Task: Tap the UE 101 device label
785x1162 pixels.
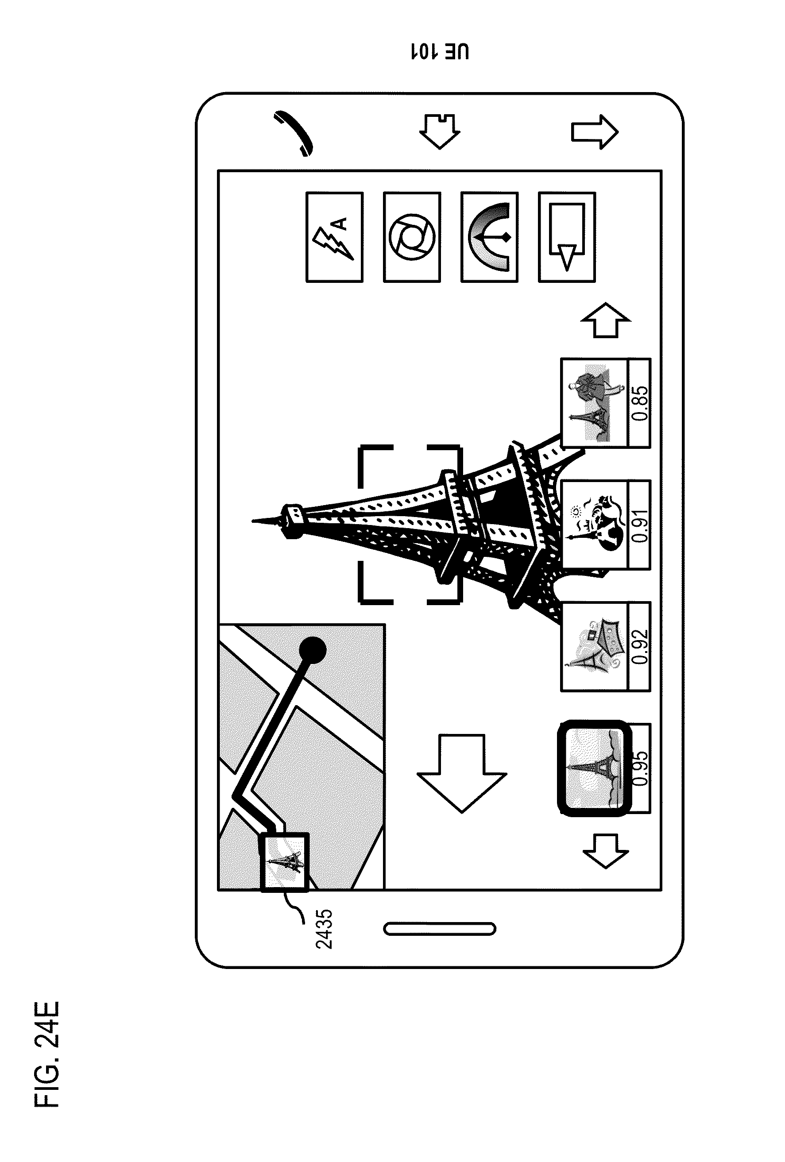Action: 440,51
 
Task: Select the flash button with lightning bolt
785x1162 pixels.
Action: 334,237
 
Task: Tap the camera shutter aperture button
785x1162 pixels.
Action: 411,237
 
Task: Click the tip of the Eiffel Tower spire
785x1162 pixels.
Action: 254,521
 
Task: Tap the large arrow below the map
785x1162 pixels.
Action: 461,773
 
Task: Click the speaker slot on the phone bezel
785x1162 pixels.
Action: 440,929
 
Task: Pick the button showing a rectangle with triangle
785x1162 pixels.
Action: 566,237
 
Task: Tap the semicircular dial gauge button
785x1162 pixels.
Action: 489,237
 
